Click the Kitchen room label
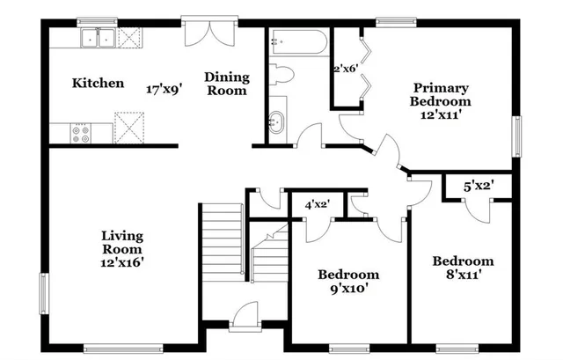[97, 84]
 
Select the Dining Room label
[227, 84]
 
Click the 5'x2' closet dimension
[479, 186]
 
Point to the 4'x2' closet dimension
[317, 205]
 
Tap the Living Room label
[122, 248]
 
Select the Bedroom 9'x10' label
[348, 281]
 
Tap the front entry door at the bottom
[244, 316]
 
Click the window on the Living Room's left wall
[43, 290]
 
